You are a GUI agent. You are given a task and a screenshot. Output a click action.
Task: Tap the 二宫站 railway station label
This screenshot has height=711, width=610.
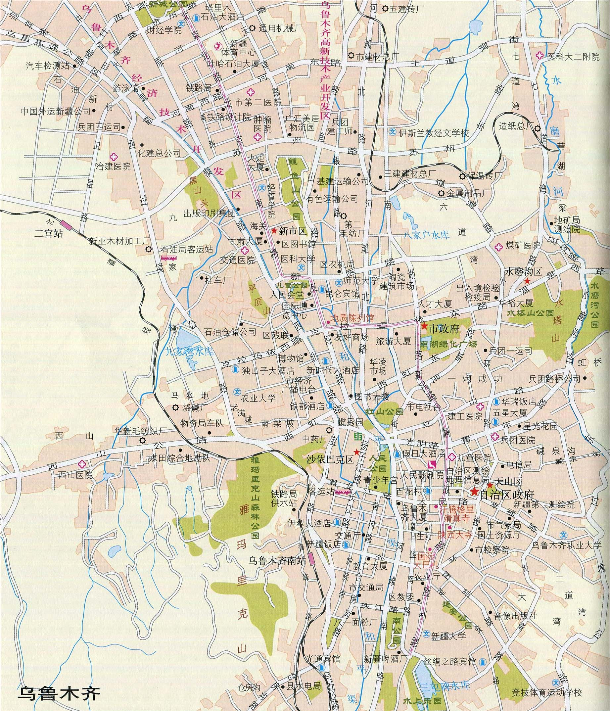(x=49, y=234)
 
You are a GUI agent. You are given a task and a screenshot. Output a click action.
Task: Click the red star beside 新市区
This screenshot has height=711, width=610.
(x=274, y=231)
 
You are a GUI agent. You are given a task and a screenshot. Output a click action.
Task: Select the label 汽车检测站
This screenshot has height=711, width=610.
(x=47, y=66)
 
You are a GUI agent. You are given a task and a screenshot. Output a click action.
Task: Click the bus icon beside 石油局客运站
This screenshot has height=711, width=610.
(x=169, y=258)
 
